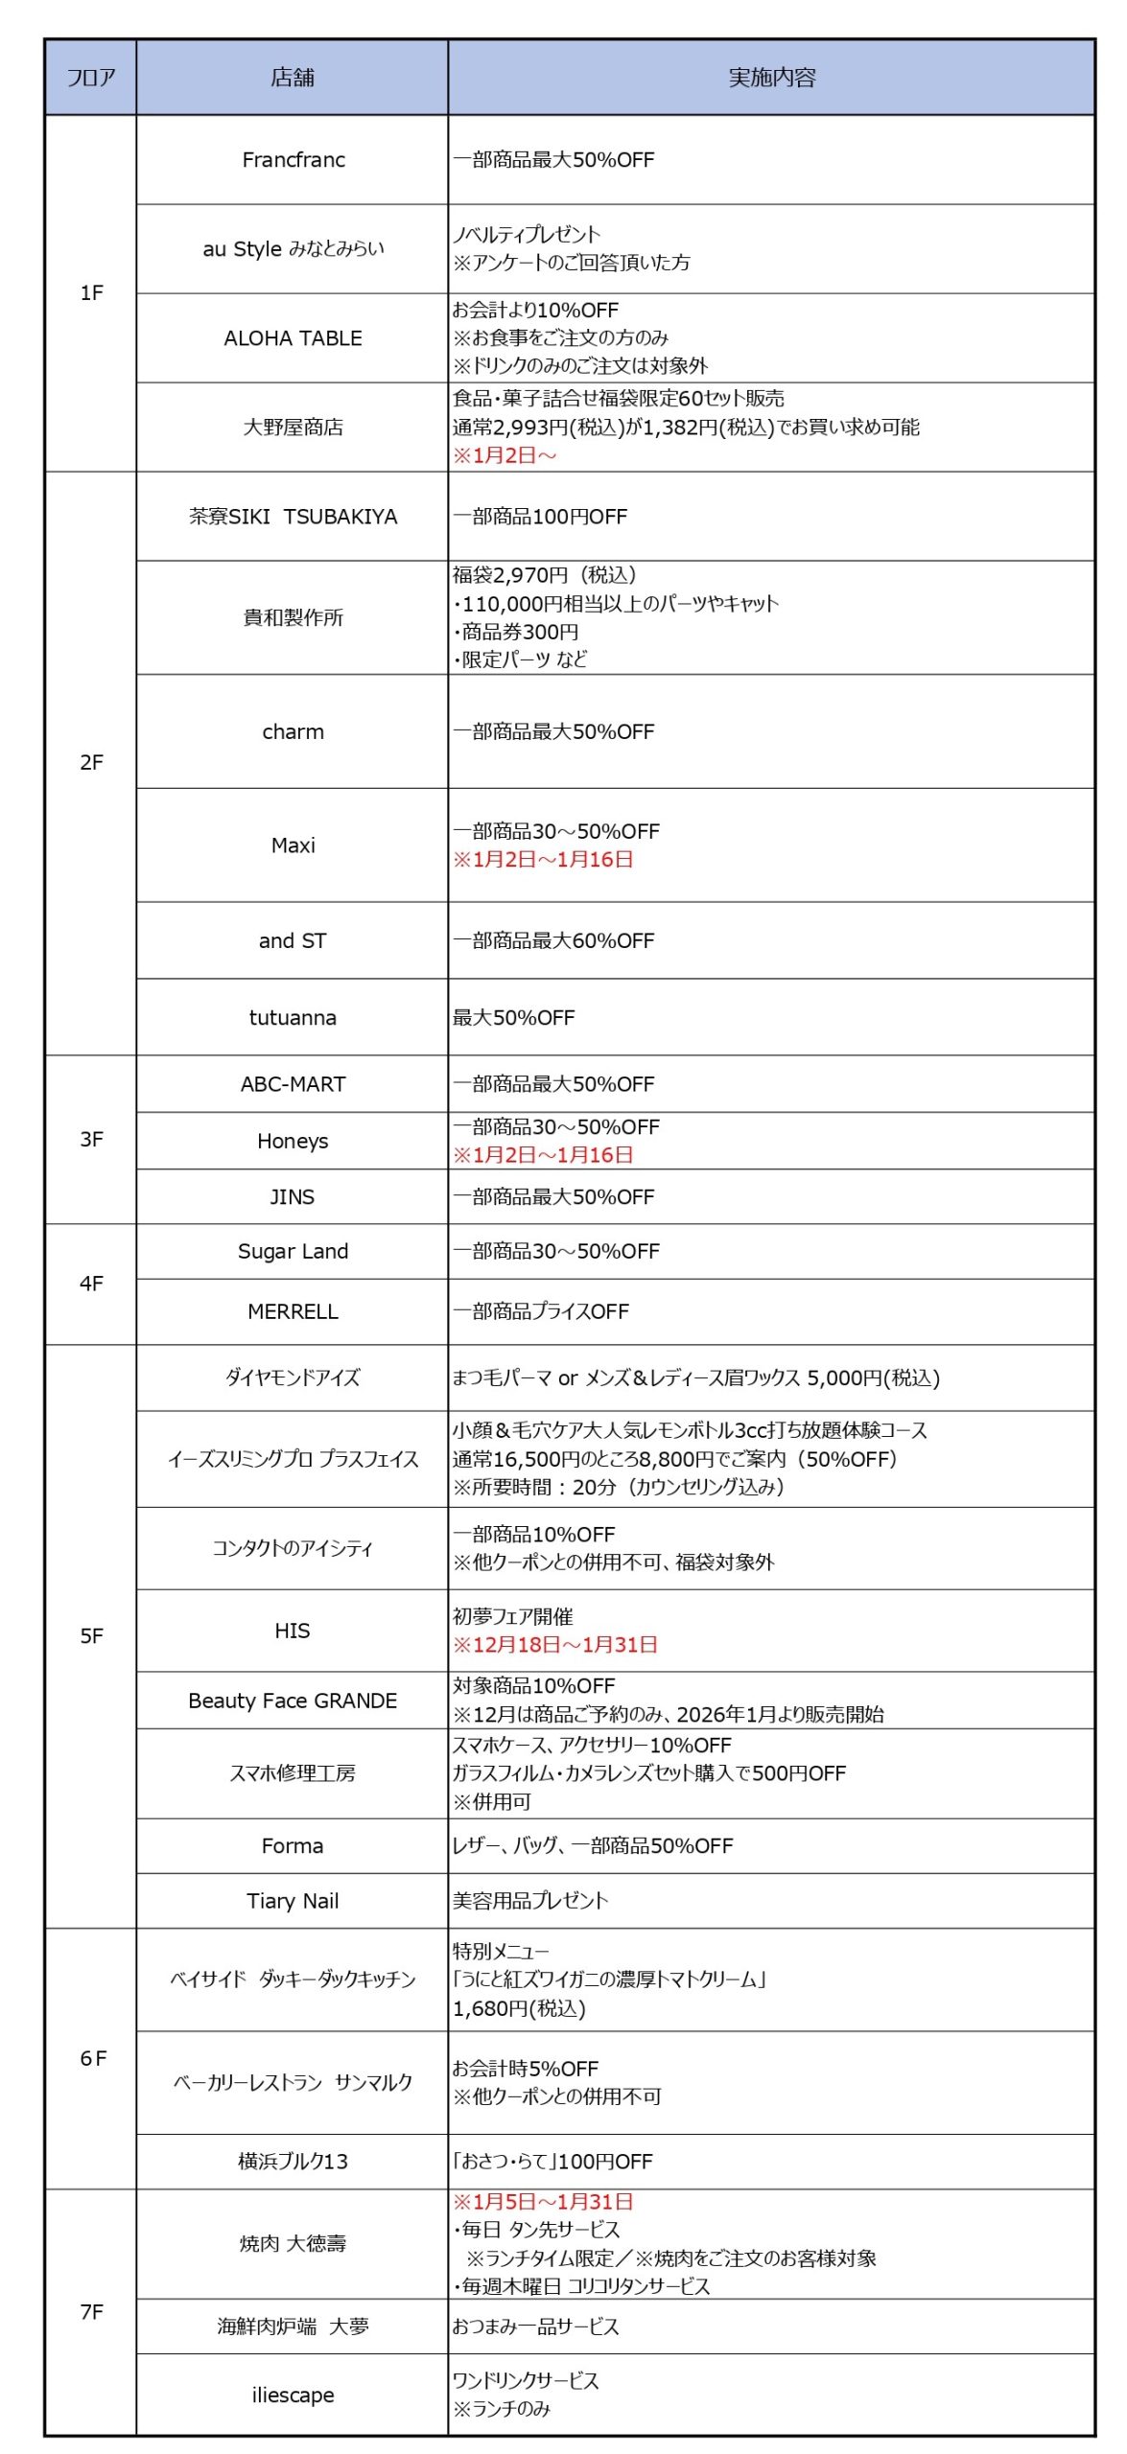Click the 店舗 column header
pyautogui.click(x=293, y=78)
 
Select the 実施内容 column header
pyautogui.click(x=771, y=78)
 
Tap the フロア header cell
pyautogui.click(x=91, y=78)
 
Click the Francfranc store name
pyautogui.click(x=293, y=160)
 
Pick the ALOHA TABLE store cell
pyautogui.click(x=293, y=338)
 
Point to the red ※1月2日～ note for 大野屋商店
pyautogui.click(x=505, y=455)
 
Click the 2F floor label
pyautogui.click(x=91, y=762)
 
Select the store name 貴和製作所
pyautogui.click(x=293, y=617)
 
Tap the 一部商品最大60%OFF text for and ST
pyautogui.click(x=553, y=940)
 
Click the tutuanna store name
pyautogui.click(x=293, y=1017)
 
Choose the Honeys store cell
pyautogui.click(x=293, y=1141)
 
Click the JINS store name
pyautogui.click(x=292, y=1196)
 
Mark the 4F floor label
pyautogui.click(x=91, y=1283)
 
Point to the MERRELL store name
pyautogui.click(x=293, y=1311)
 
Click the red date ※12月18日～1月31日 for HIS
pyautogui.click(x=555, y=1644)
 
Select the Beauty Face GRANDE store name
pyautogui.click(x=293, y=1701)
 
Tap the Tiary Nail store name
pyautogui.click(x=293, y=1901)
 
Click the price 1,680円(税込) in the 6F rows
pyautogui.click(x=519, y=2008)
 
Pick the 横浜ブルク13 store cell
pyautogui.click(x=293, y=2161)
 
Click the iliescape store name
pyautogui.click(x=293, y=2394)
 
